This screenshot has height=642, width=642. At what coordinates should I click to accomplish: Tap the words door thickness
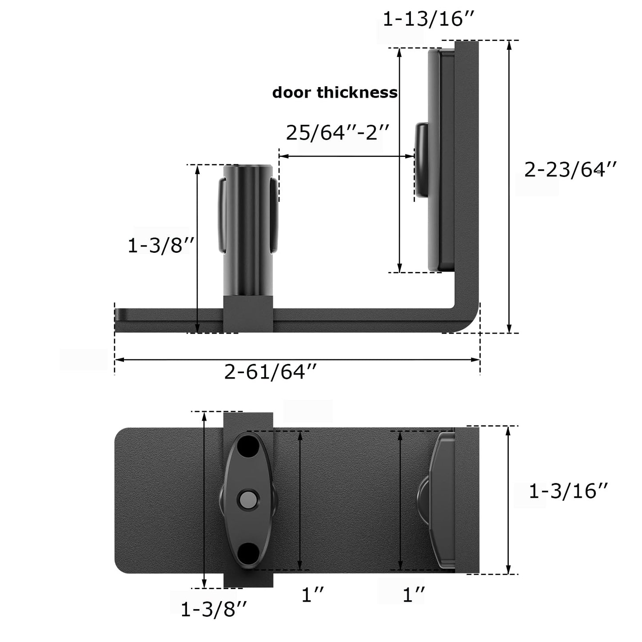[335, 92]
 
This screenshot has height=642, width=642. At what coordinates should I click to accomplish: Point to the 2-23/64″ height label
[570, 170]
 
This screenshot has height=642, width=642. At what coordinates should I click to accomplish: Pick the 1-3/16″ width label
[568, 491]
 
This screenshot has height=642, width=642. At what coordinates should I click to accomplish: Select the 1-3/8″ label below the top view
[214, 610]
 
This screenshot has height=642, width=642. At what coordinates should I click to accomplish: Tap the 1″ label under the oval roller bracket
[313, 594]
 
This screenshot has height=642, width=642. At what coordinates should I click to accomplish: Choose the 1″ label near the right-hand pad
[414, 594]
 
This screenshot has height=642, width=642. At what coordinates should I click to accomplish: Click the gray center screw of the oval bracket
[247, 501]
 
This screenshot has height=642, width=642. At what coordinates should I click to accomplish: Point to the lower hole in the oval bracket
[248, 553]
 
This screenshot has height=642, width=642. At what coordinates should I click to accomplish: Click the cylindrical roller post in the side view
[247, 231]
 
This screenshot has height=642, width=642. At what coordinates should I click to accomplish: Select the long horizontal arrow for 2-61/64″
[297, 359]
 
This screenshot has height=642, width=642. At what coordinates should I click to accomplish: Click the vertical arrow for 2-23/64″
[509, 187]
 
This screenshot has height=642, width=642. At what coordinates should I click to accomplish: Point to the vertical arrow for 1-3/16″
[509, 500]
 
